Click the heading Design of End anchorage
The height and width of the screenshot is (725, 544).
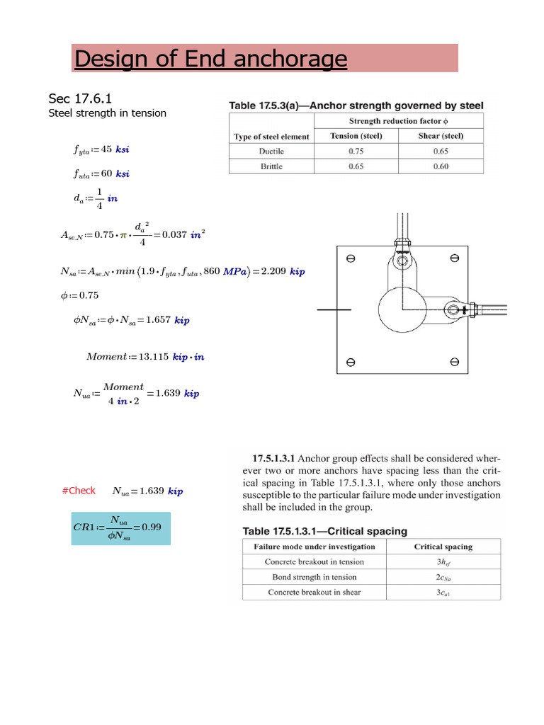(x=210, y=59)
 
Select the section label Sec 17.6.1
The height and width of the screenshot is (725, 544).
(x=80, y=98)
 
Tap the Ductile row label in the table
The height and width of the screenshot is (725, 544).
(x=271, y=151)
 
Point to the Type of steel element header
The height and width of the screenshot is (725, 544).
(x=271, y=136)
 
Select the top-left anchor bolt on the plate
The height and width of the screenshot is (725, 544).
(x=350, y=258)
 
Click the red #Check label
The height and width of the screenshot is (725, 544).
(x=79, y=491)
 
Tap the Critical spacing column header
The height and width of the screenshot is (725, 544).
(x=443, y=547)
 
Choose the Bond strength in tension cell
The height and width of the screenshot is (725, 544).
(x=314, y=577)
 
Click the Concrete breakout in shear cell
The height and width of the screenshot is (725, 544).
(x=314, y=593)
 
